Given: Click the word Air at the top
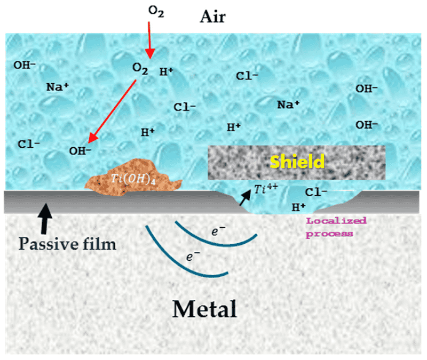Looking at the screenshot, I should tap(212, 17).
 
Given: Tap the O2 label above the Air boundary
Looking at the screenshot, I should tap(155, 12).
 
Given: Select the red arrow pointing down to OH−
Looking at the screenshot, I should tap(115, 109).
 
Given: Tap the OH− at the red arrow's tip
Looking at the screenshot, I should tap(81, 151).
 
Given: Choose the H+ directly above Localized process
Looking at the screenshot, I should tap(298, 206).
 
